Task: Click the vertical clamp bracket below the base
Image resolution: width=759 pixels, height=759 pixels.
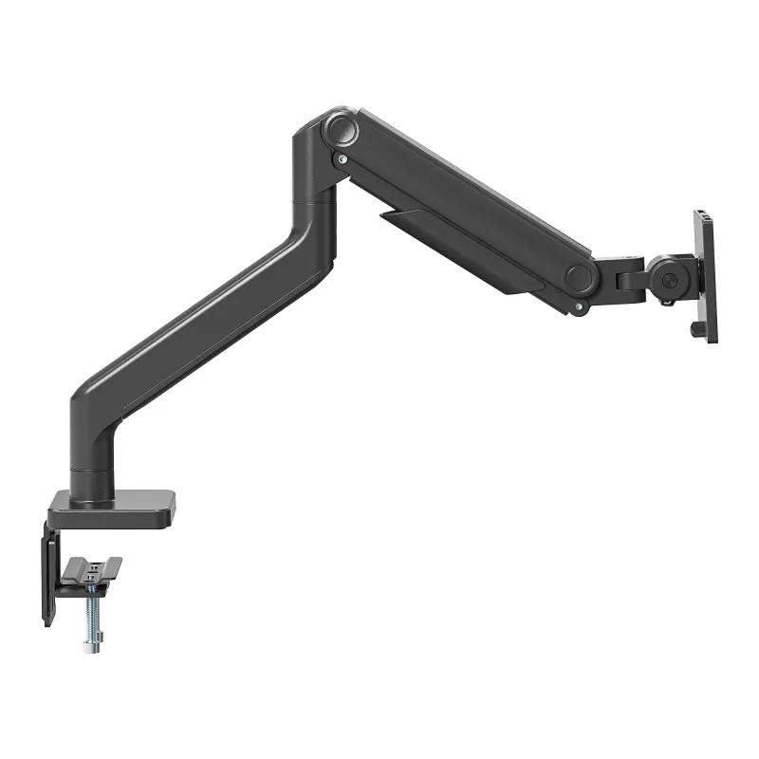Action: pyautogui.click(x=47, y=579)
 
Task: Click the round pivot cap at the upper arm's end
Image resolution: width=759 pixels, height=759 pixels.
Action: pyautogui.click(x=578, y=277)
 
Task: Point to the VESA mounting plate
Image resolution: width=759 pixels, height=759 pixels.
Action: pyautogui.click(x=706, y=275)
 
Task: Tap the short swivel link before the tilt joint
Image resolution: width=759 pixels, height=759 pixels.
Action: pyautogui.click(x=626, y=276)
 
